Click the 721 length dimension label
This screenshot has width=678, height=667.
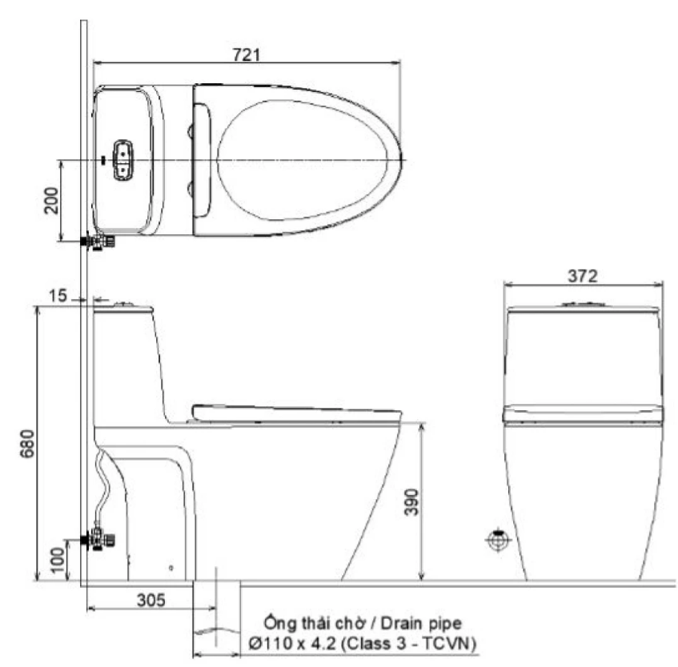pos(247,55)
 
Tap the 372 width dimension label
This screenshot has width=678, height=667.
pos(583,276)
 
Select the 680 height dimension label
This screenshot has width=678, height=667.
pos(26,443)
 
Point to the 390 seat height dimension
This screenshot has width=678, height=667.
pos(411,502)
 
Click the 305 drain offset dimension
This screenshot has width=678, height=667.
pos(151,600)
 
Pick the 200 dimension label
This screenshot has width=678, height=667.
pos(51,200)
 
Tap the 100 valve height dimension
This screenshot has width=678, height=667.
pos(57,561)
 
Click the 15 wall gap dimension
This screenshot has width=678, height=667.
pos(58,296)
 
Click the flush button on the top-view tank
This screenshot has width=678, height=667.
pos(122,160)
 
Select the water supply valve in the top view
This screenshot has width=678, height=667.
pos(98,242)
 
